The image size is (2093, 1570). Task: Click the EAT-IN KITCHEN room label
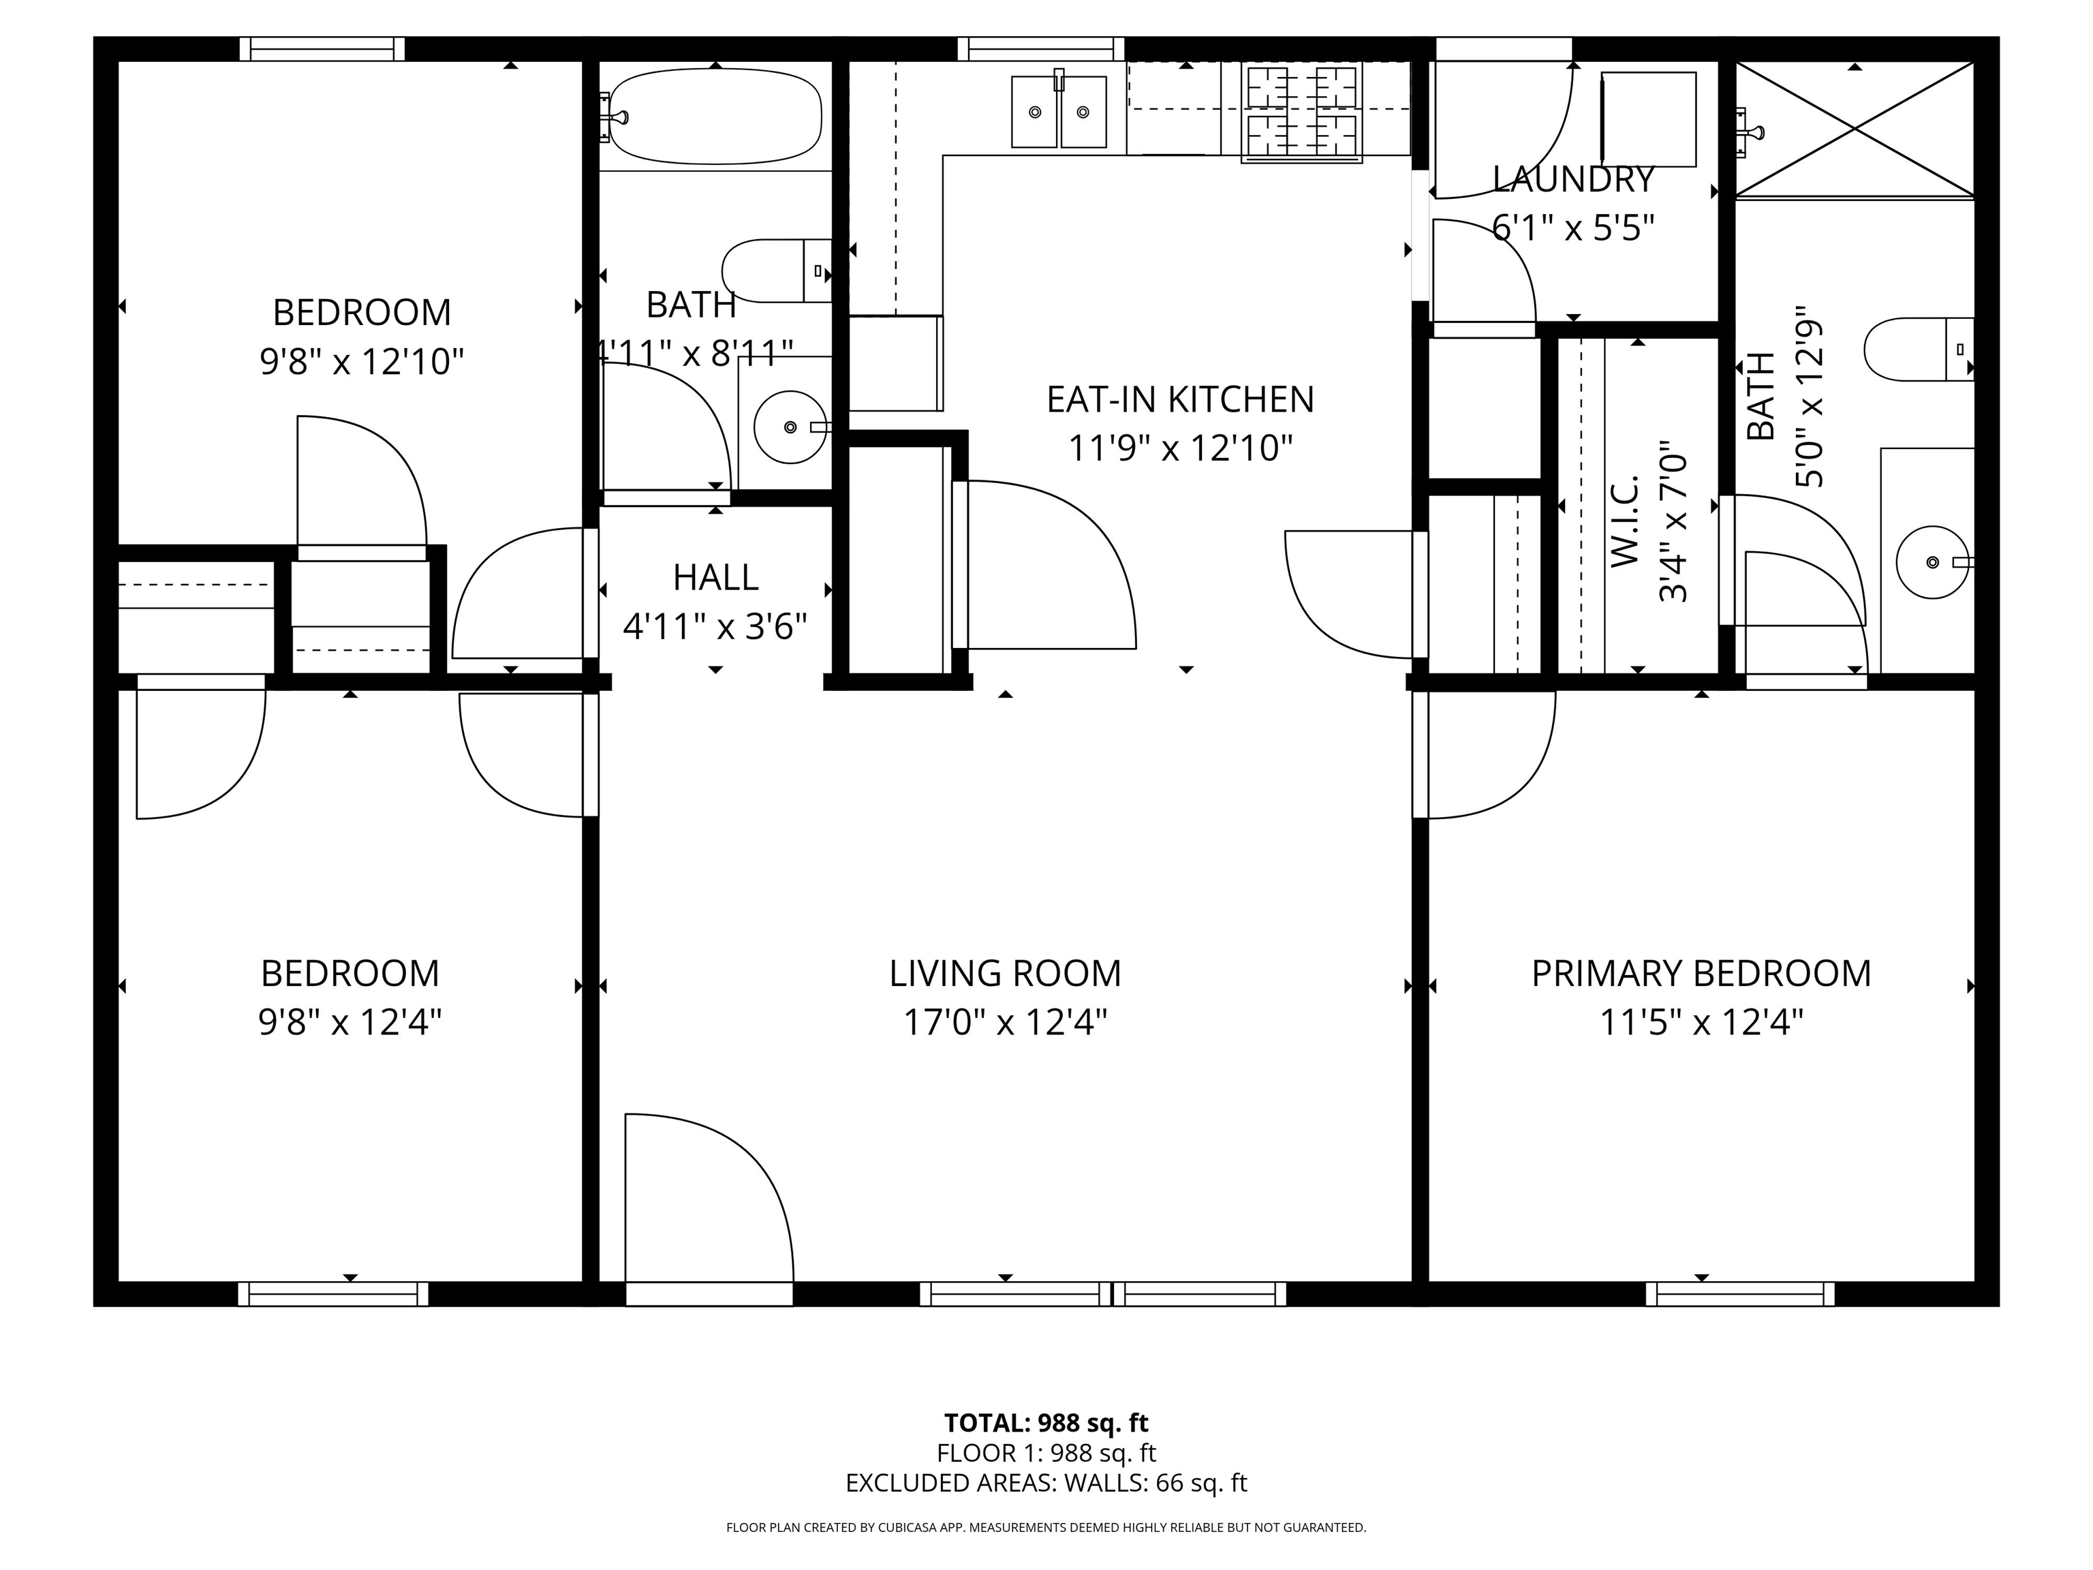point(1180,399)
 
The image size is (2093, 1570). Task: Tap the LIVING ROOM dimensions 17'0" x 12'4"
point(1005,1023)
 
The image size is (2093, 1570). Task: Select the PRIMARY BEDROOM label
point(1701,974)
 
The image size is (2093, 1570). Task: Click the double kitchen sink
point(1059,112)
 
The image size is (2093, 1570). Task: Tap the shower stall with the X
point(1855,129)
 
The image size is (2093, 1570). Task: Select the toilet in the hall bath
point(774,271)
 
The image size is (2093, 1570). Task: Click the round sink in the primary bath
point(1932,562)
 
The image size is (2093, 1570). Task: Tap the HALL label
point(715,577)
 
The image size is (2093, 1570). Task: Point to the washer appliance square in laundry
point(1648,119)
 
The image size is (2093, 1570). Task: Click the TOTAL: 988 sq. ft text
point(1046,1422)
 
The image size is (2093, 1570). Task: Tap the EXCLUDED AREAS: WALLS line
point(1046,1483)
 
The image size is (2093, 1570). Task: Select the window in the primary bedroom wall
point(1739,1293)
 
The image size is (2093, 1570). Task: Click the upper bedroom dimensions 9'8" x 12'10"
point(362,362)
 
